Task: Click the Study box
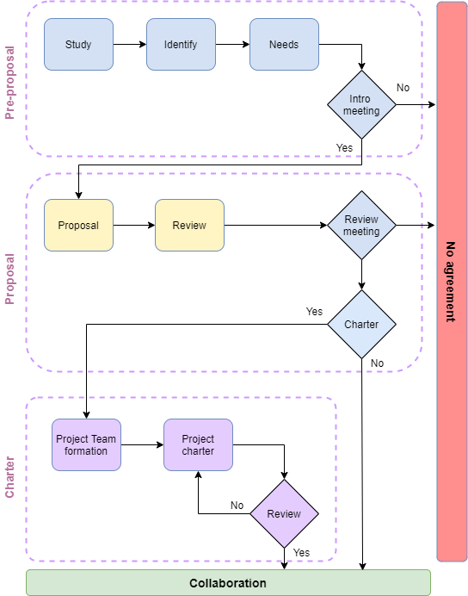click(x=78, y=45)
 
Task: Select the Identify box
click(x=181, y=45)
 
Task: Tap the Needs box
click(x=284, y=45)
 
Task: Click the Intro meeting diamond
click(x=361, y=105)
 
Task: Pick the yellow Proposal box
click(x=78, y=226)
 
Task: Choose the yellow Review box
click(x=189, y=226)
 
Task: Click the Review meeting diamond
click(x=361, y=226)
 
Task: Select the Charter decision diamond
click(x=361, y=325)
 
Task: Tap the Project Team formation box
click(x=86, y=445)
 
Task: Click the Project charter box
click(x=198, y=445)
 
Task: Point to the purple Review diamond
click(x=284, y=514)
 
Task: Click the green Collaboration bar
click(x=228, y=583)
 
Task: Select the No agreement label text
click(x=450, y=282)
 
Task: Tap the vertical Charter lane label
click(x=11, y=476)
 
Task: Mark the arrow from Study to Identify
click(x=129, y=45)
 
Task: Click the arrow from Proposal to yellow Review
click(x=133, y=226)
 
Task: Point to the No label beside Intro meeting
click(x=403, y=88)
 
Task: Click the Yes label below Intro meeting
click(x=344, y=148)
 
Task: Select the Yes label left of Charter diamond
click(x=314, y=312)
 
